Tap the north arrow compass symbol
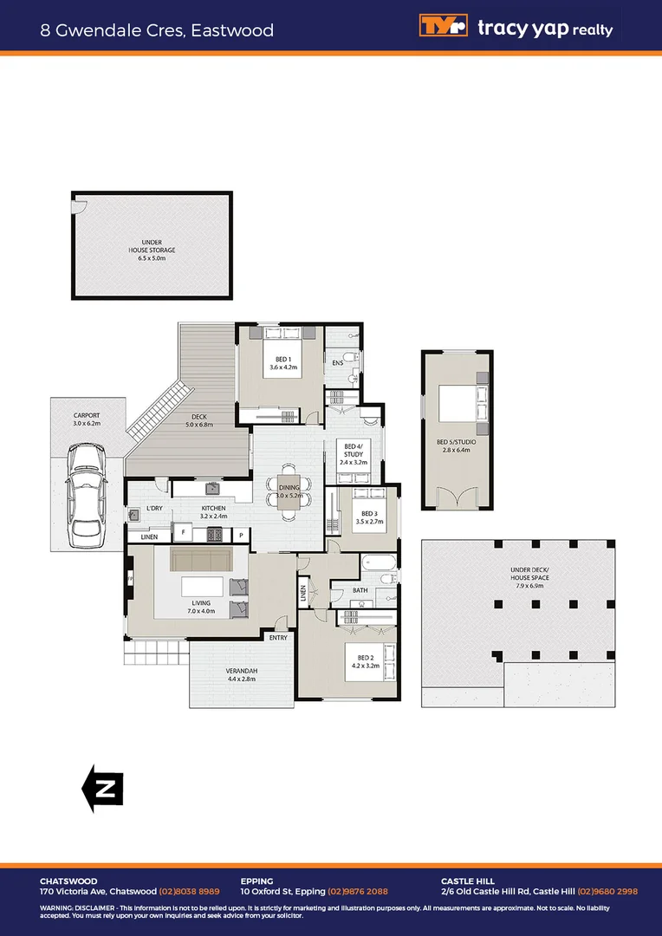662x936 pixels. tap(102, 789)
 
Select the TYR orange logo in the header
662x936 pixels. tap(444, 26)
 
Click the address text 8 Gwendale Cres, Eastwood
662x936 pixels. tap(157, 30)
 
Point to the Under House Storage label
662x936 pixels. tap(152, 250)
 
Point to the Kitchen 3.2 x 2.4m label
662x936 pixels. tap(213, 512)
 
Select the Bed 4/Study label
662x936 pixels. tap(353, 453)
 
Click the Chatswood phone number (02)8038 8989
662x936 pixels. tap(189, 891)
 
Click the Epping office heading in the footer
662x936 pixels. tap(256, 881)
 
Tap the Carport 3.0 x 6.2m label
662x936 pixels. tap(87, 419)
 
